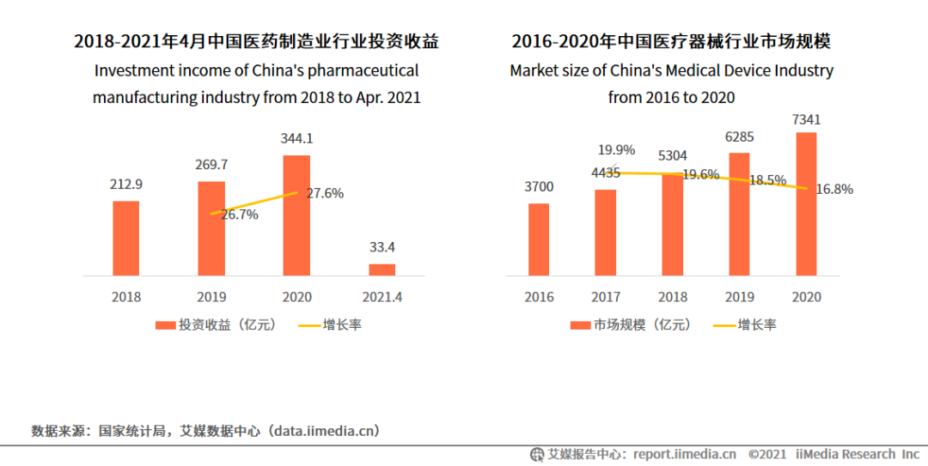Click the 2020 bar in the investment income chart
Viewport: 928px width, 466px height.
[x=296, y=215]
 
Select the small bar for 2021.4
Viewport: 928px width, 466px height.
[x=382, y=269]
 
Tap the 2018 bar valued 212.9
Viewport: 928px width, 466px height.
[x=126, y=238]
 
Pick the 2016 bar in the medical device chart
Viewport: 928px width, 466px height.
[x=539, y=239]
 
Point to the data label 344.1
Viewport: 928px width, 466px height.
[x=297, y=137]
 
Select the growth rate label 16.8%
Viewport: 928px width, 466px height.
[x=833, y=189]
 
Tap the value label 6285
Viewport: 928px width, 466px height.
[x=739, y=136]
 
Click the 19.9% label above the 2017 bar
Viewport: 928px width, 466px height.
[x=616, y=150]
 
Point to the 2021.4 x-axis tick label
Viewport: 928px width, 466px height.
[x=382, y=297]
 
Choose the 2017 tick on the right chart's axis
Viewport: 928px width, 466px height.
[x=606, y=297]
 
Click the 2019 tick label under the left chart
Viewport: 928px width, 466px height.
[x=211, y=297]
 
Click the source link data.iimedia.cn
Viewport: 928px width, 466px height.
[x=321, y=430]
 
